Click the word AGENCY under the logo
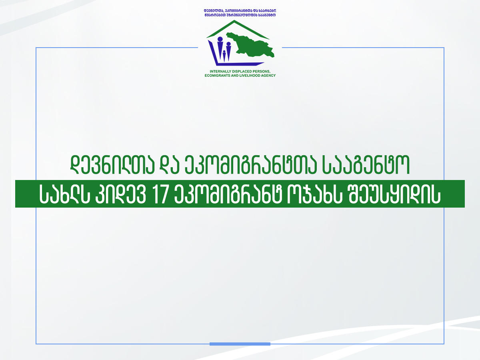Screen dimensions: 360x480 (x=268, y=75)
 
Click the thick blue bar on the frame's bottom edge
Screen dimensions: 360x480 (x=240, y=344)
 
